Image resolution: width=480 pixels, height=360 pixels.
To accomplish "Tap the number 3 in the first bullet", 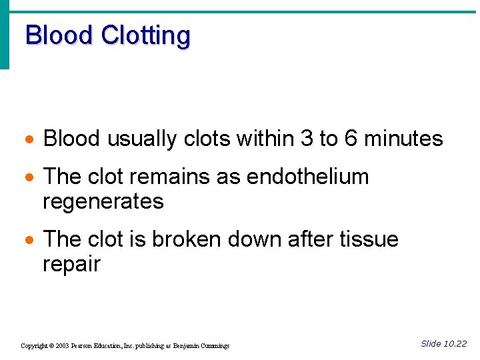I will click(x=307, y=139).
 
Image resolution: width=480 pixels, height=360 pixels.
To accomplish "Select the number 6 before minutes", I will click(x=351, y=139).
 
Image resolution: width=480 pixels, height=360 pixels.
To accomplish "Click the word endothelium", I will click(x=307, y=177).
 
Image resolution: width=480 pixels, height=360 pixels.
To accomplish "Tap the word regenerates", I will click(x=103, y=202).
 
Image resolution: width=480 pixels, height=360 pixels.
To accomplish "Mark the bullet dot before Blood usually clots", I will click(x=28, y=140).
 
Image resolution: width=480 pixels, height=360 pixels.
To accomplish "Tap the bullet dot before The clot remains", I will click(x=28, y=178).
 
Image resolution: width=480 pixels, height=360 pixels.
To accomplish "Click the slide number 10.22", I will click(x=455, y=344).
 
